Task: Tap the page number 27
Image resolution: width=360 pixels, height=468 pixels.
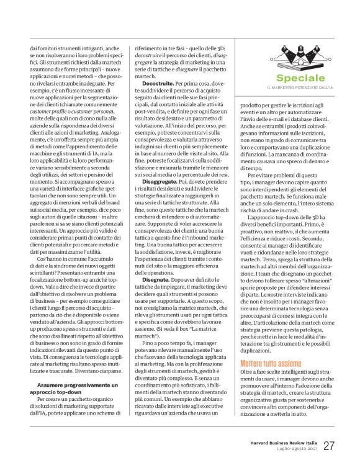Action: pos(330,445)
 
